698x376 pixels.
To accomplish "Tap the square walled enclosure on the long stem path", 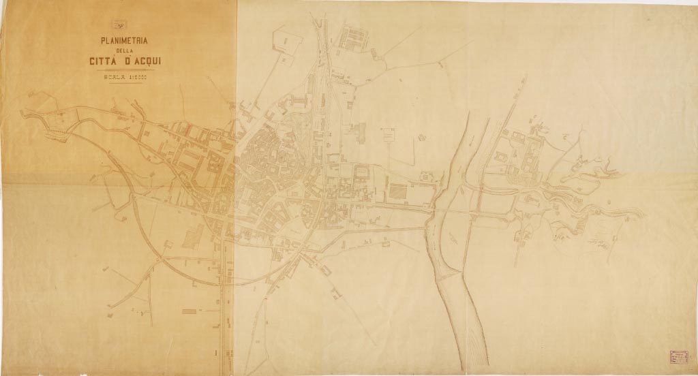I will [388, 135].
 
